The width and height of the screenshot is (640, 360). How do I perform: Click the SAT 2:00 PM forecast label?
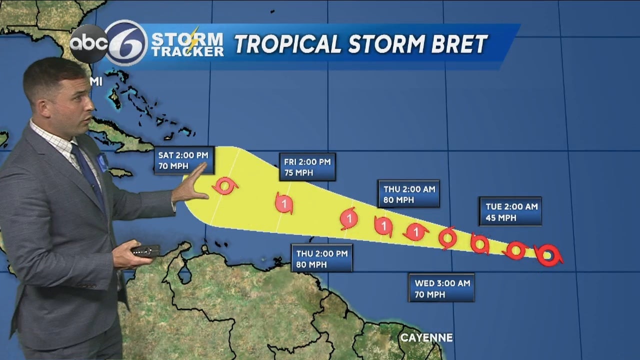click(183, 160)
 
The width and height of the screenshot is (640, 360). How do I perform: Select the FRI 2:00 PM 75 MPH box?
click(307, 167)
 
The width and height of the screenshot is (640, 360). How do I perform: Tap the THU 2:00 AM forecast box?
click(408, 194)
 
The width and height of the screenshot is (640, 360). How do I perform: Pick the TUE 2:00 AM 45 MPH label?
click(510, 211)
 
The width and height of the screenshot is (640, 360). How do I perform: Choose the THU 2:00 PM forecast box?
click(322, 258)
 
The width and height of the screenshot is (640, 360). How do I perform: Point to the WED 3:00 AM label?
click(441, 288)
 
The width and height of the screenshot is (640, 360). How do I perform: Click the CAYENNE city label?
click(426, 338)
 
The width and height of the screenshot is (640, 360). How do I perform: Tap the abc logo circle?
click(89, 44)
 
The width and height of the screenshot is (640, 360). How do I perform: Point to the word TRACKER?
click(187, 52)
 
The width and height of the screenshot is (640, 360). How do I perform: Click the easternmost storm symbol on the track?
click(548, 255)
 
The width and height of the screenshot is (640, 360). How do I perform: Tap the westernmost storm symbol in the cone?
click(224, 186)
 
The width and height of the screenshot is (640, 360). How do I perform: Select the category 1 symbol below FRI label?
click(284, 203)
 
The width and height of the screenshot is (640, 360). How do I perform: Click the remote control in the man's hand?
click(145, 250)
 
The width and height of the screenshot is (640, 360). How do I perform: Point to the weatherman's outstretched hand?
click(192, 185)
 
